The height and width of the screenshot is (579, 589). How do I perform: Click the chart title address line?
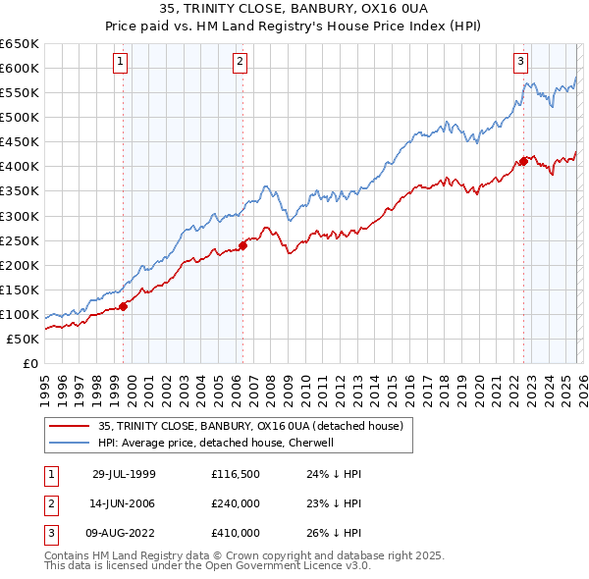coord(294,11)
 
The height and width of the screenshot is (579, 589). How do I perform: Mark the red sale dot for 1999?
coord(124,306)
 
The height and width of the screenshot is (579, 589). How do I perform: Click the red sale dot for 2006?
coord(242,245)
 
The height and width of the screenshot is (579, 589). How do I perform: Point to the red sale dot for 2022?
coord(523,162)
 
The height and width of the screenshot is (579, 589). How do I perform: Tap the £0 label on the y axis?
coord(29,363)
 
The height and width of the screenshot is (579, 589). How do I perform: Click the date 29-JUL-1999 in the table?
coord(124,474)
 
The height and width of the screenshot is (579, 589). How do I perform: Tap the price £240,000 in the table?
coord(236,503)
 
